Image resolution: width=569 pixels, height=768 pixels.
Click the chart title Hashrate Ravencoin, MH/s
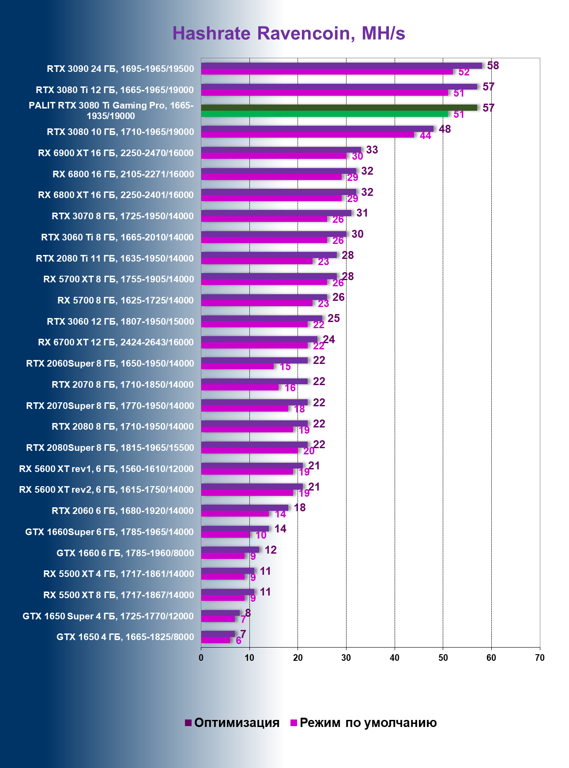[289, 34]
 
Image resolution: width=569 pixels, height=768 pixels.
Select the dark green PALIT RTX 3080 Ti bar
[339, 108]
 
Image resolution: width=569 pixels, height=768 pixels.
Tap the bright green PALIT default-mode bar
[324, 114]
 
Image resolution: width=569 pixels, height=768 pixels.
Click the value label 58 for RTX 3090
[493, 66]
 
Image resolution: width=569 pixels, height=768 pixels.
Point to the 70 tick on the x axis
[539, 658]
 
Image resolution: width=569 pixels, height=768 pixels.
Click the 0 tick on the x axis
[201, 658]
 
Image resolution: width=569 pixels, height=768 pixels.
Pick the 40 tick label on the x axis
[395, 658]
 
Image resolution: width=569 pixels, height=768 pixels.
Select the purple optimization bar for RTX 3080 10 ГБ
[317, 129]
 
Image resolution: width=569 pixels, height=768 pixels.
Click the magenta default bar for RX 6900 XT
[274, 156]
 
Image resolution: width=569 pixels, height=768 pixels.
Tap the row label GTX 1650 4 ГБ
[125, 637]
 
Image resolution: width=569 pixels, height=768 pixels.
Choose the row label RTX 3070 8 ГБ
[123, 216]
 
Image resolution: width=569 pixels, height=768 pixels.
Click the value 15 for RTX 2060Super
[285, 367]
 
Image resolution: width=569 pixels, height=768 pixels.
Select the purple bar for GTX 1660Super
[235, 528]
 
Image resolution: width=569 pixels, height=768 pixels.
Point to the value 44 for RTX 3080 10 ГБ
[425, 136]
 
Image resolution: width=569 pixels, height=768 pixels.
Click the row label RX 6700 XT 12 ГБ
[116, 342]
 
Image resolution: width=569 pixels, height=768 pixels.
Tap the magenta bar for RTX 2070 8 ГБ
[240, 387]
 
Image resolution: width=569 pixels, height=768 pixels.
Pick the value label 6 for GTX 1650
[238, 641]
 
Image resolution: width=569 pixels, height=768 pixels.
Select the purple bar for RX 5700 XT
[269, 276]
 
